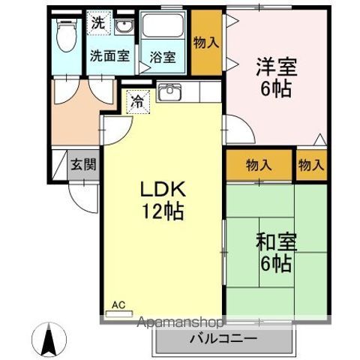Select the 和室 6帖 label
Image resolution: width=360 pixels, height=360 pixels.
click(x=277, y=253)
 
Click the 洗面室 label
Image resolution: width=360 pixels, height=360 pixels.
click(x=110, y=55)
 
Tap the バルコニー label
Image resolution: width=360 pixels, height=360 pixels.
click(x=223, y=340)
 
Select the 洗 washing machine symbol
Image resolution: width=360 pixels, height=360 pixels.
click(x=98, y=23)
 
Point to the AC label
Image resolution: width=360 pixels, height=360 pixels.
click(x=118, y=304)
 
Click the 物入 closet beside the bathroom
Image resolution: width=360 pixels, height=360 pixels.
click(x=205, y=43)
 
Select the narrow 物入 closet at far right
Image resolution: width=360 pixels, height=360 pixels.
click(x=310, y=164)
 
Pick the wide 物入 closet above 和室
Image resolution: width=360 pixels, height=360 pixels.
click(x=258, y=164)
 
